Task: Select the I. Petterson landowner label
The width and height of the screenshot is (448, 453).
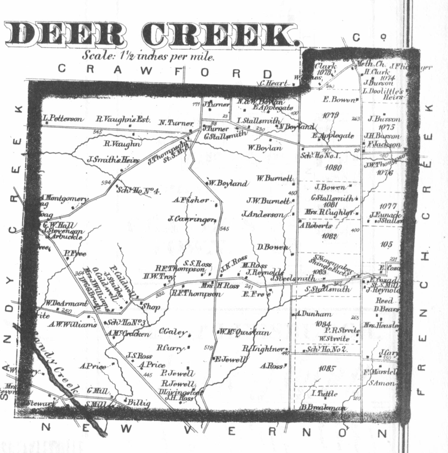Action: coord(62,119)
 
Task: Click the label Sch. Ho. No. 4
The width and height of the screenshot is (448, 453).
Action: coord(138,190)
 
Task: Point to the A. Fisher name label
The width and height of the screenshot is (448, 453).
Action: coord(190,200)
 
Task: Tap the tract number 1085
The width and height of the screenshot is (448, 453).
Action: coord(327,369)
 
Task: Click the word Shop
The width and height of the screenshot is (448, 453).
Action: coord(151,307)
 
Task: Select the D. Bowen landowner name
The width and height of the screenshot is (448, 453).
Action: coord(273,247)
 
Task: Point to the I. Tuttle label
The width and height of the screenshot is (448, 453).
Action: coord(324,394)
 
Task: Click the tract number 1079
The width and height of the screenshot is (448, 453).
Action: coord(330,115)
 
